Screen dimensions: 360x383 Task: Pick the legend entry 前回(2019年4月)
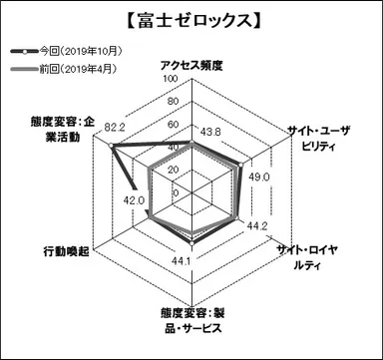point(75,68)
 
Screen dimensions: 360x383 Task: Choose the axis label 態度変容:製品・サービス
point(192,318)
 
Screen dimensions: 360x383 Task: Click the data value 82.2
point(116,127)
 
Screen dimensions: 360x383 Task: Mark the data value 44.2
point(257,225)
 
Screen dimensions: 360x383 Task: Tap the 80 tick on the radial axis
point(173,102)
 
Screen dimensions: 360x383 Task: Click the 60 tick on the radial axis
point(173,125)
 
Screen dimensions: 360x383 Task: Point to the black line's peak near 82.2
point(112,146)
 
